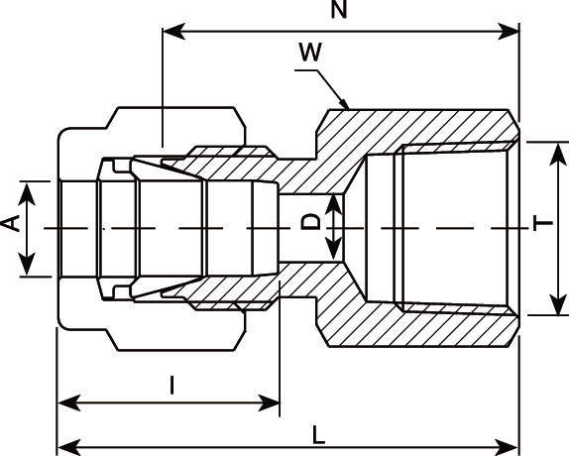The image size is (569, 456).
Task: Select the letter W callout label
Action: click(x=309, y=54)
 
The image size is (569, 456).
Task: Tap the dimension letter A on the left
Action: click(x=11, y=227)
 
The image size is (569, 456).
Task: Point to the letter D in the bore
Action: click(x=311, y=222)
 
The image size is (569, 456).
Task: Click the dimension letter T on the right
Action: click(x=542, y=222)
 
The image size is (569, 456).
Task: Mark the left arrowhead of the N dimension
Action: click(x=170, y=32)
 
